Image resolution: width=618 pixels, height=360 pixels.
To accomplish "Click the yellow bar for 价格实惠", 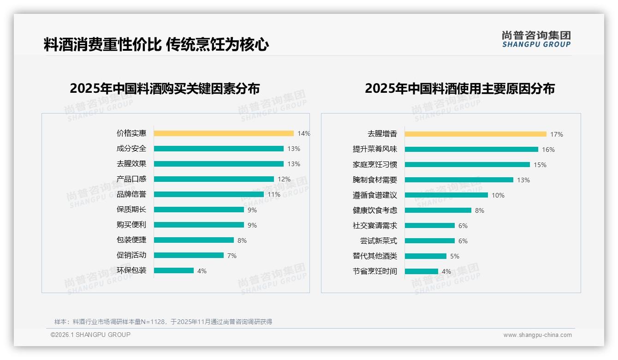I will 224,133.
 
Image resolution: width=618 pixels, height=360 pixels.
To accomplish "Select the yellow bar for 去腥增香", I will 475,134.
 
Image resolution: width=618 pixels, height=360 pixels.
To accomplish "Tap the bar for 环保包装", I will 174,270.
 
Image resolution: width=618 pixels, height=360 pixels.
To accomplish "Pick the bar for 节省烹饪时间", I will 422,271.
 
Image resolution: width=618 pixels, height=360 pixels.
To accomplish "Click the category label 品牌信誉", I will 131,194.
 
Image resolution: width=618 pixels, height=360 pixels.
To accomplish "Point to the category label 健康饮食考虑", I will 375,210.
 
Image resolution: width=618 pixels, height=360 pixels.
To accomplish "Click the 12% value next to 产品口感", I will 284,179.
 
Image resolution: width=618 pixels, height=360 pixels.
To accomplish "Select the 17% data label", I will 557,134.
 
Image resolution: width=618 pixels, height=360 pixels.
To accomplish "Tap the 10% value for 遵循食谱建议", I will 498,195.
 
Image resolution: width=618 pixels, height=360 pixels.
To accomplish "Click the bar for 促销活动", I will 189,255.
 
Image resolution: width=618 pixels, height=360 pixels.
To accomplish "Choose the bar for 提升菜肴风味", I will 471,149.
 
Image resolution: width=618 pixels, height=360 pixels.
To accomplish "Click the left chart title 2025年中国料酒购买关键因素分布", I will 165,88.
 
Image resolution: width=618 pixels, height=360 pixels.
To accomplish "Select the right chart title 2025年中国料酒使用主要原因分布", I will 460,88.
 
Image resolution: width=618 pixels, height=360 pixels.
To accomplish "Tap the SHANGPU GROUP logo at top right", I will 536,39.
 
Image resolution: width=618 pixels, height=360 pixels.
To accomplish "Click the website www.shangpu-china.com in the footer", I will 537,335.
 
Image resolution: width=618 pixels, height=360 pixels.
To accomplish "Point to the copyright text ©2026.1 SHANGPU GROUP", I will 90,335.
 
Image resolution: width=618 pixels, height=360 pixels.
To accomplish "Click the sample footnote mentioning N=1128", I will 163,322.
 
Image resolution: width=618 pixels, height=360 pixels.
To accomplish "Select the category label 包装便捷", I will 131,240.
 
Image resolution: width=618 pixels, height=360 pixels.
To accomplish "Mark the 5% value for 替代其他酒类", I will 455,256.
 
